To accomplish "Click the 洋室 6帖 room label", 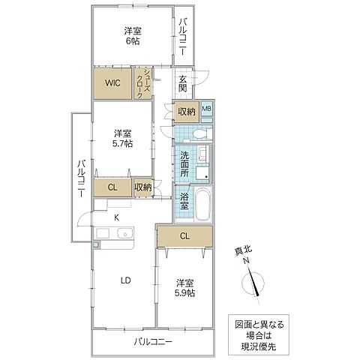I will click(x=132, y=36).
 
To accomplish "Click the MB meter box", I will click(x=207, y=109).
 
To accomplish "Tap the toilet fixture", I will click(x=196, y=133).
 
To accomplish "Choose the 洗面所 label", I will click(x=184, y=163).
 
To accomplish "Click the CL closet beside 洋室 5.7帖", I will click(x=111, y=187).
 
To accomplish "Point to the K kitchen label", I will click(x=115, y=217).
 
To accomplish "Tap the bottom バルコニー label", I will click(x=153, y=342).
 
